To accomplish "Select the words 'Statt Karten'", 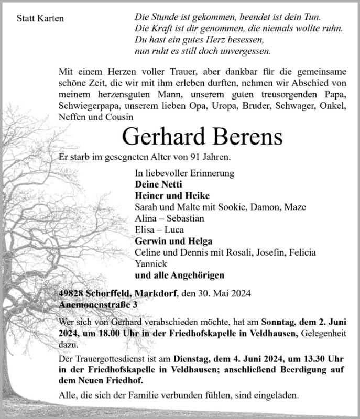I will coord(40,19).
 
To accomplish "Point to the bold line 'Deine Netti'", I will coord(158,184).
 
